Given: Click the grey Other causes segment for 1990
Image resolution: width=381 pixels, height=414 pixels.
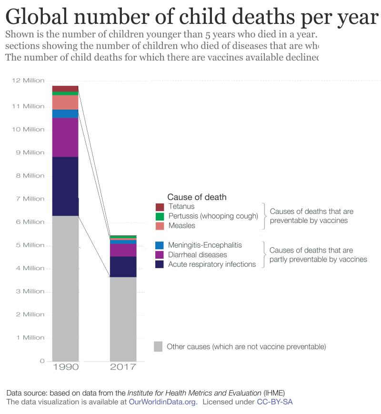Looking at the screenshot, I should (x=65, y=288).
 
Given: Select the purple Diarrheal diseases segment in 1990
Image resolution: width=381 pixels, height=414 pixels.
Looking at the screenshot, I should (x=65, y=137).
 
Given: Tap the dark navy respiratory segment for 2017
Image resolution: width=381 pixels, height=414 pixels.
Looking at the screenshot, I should (x=123, y=267).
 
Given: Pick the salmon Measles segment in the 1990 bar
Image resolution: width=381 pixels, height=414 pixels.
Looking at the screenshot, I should (x=65, y=102).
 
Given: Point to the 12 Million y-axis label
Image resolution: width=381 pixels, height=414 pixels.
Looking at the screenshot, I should (x=28, y=81).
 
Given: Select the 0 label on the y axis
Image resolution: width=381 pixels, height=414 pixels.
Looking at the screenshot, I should (x=42, y=361).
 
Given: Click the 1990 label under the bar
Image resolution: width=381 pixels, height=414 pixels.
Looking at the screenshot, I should (x=65, y=367).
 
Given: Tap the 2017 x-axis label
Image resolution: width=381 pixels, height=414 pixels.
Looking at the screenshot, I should (x=123, y=367).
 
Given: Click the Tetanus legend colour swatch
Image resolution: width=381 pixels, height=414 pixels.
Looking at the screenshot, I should (x=160, y=207).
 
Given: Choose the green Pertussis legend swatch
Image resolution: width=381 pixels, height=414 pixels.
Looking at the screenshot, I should (x=160, y=216).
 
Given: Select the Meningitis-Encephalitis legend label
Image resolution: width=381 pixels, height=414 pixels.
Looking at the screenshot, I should (x=205, y=245).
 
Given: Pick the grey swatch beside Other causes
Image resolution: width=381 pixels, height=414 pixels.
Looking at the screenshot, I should (x=159, y=346).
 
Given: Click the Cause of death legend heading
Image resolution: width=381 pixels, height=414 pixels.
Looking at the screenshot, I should (x=197, y=197).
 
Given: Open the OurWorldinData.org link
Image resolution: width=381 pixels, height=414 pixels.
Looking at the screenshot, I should (x=163, y=402).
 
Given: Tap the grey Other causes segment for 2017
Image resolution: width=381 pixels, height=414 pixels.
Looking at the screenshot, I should (x=123, y=319).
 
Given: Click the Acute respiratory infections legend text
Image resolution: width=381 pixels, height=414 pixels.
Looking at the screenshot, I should (x=212, y=264).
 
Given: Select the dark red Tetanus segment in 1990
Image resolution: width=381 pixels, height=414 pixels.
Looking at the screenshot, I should (x=65, y=89).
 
